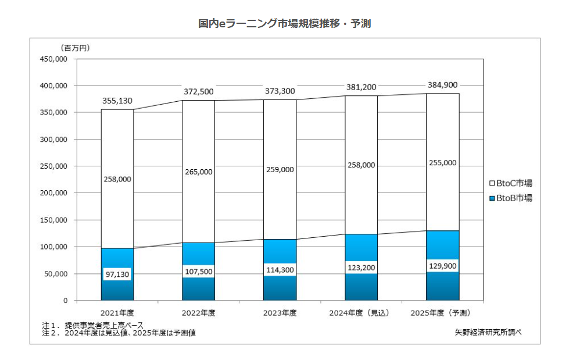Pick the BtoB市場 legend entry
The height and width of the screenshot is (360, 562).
[511, 198]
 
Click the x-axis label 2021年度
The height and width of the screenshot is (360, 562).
[117, 312]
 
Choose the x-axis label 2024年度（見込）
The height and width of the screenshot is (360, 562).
[361, 312]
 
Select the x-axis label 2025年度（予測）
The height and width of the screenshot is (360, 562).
[443, 312]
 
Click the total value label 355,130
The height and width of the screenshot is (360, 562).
[117, 101]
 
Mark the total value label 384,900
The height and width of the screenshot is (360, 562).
[442, 84]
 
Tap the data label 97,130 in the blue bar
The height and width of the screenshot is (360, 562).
[117, 273]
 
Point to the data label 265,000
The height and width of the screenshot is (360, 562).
[199, 172]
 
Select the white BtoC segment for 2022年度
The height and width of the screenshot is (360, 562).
[199, 140]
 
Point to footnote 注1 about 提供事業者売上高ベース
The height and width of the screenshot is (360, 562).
[92, 325]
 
